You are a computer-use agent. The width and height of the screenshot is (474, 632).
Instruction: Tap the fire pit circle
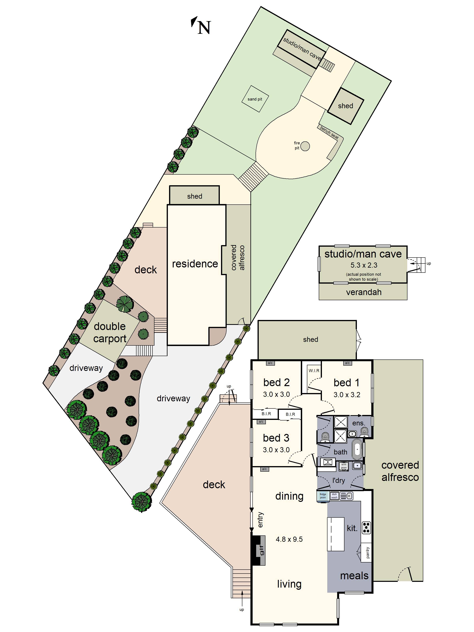(x=305, y=146)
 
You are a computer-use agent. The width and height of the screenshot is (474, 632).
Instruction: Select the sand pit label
(x=255, y=99)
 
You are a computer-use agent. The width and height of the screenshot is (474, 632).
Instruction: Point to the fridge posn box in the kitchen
(x=323, y=496)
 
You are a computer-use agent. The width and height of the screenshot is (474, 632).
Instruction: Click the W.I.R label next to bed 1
(x=314, y=371)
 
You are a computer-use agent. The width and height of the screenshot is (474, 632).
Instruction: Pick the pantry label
(x=367, y=553)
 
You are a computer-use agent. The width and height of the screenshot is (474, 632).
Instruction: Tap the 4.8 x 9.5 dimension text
(x=289, y=539)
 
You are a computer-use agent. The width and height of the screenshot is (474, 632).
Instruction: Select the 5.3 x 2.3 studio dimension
(x=364, y=265)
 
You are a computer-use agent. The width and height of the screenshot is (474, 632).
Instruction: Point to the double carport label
(x=110, y=332)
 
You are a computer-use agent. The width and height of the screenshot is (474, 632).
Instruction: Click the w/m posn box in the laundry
(x=344, y=466)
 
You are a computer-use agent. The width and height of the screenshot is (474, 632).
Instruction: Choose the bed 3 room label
(x=276, y=438)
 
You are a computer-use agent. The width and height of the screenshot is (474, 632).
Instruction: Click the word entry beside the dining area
(x=260, y=520)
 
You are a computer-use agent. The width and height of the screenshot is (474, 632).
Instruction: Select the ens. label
(x=358, y=423)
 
